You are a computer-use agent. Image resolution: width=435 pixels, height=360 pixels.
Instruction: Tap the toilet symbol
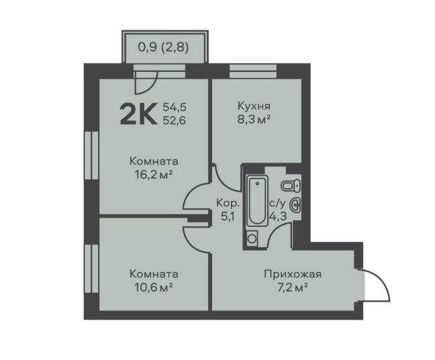(291, 185)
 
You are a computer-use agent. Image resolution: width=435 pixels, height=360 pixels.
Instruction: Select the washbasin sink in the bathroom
(295, 206)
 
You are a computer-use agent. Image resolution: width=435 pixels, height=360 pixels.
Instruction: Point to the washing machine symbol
(252, 238)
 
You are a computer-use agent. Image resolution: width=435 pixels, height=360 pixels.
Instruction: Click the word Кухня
(254, 106)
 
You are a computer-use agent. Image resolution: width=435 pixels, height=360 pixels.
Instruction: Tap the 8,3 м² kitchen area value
(254, 120)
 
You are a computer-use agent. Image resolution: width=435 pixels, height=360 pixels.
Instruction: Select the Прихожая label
(293, 274)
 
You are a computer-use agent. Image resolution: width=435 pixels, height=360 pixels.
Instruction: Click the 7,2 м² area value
(293, 287)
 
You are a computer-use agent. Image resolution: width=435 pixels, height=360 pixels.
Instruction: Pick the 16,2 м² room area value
(154, 175)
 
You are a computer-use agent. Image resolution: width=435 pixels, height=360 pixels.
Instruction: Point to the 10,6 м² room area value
(154, 287)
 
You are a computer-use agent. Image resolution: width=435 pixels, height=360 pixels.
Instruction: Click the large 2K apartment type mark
(139, 114)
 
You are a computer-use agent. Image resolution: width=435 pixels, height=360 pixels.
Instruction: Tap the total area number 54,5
(175, 107)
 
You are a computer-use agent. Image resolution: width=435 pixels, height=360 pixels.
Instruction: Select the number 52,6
(175, 120)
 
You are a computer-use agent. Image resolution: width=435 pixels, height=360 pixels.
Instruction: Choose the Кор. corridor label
(228, 203)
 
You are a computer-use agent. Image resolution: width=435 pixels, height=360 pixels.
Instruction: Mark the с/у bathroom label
(277, 204)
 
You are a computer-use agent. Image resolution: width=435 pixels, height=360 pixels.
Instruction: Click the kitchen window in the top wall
(253, 71)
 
